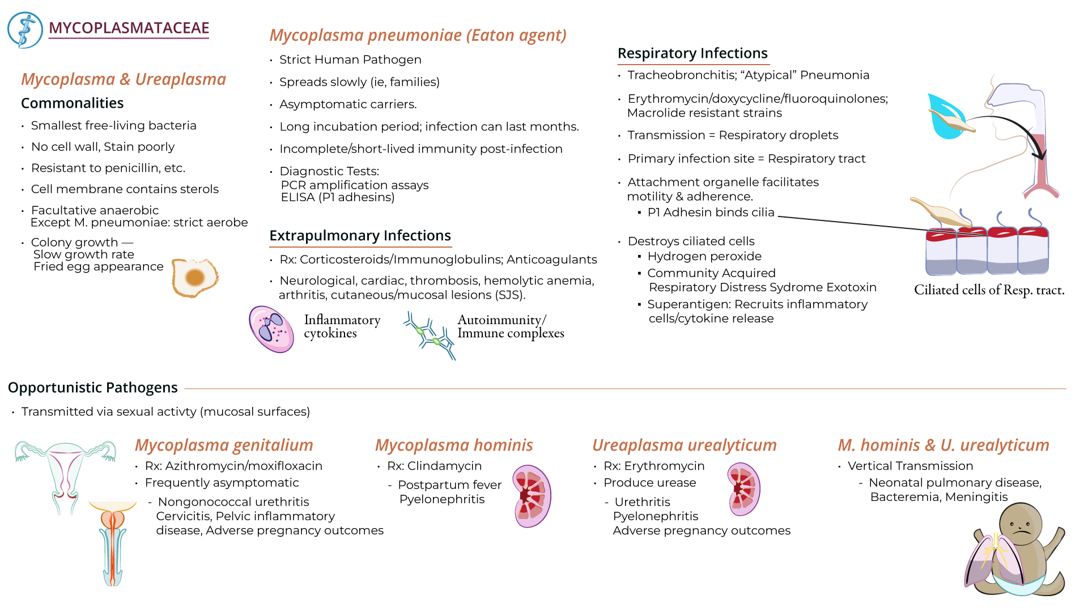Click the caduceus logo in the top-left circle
pyautogui.click(x=25, y=30)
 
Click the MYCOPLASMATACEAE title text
pyautogui.click(x=129, y=28)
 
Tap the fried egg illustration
pyautogui.click(x=195, y=277)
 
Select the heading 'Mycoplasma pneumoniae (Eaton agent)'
pyautogui.click(x=418, y=35)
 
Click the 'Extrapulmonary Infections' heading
pyautogui.click(x=360, y=236)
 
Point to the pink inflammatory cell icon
pyautogui.click(x=271, y=329)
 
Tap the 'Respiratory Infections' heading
pyautogui.click(x=692, y=53)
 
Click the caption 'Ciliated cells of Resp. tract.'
pyautogui.click(x=989, y=290)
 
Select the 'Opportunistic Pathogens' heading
pyautogui.click(x=93, y=388)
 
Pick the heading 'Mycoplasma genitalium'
pyautogui.click(x=224, y=445)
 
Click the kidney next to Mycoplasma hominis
pyautogui.click(x=532, y=496)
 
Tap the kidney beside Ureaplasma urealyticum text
pyautogui.click(x=743, y=489)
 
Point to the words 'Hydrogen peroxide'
pyautogui.click(x=704, y=257)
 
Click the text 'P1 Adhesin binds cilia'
pyautogui.click(x=711, y=212)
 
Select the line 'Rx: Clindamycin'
pyautogui.click(x=434, y=466)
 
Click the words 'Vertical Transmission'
pyautogui.click(x=910, y=466)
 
